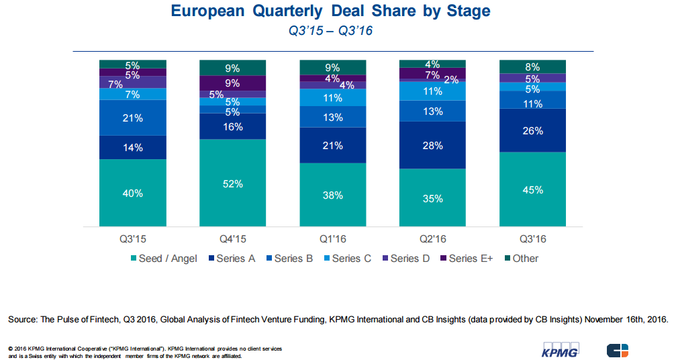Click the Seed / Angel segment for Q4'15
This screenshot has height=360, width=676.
[232, 183]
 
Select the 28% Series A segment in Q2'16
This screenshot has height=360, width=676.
[432, 145]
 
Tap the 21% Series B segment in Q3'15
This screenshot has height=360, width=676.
[132, 118]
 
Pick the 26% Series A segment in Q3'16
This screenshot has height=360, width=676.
[532, 130]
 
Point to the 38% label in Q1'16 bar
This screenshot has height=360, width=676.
[332, 195]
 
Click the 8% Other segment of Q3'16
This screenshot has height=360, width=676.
[532, 66]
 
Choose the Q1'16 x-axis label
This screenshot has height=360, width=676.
[332, 238]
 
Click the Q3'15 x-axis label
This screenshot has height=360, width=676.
[132, 238]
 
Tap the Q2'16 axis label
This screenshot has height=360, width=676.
[432, 238]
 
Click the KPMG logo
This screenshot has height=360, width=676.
[560, 350]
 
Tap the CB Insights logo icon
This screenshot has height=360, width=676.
[618, 350]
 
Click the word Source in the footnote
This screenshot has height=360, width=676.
[23, 320]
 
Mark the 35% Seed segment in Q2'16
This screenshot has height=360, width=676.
[432, 198]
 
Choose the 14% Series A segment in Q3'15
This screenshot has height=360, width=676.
[132, 147]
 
